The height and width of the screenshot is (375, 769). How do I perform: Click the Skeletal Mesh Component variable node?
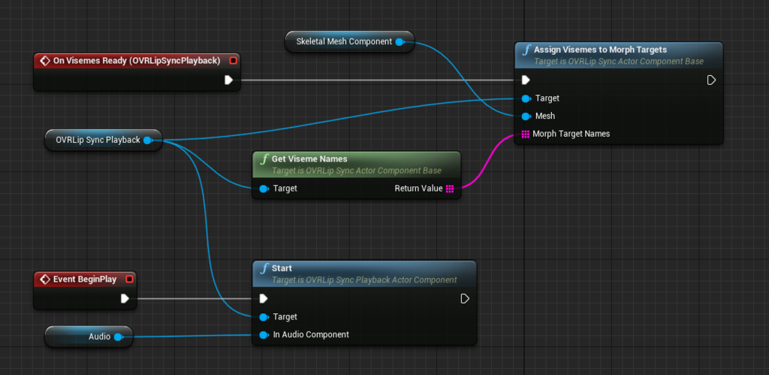tap(350, 42)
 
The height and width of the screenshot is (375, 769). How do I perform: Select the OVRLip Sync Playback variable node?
tap(103, 141)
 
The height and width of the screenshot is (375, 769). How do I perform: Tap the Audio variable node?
tap(89, 337)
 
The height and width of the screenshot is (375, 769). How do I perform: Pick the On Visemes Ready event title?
tap(137, 60)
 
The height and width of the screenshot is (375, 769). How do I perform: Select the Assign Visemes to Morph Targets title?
tap(600, 50)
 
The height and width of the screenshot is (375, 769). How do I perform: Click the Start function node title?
tap(282, 268)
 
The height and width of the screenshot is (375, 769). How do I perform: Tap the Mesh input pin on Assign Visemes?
tap(526, 116)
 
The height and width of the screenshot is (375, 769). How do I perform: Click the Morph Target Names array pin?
tap(525, 134)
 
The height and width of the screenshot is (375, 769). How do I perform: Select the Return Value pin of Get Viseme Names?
tap(450, 189)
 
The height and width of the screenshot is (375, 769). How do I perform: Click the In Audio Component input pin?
tap(264, 334)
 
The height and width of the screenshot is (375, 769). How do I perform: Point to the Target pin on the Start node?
tap(264, 317)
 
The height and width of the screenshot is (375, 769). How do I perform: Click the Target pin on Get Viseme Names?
tap(264, 189)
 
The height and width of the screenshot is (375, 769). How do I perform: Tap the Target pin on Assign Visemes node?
tap(526, 98)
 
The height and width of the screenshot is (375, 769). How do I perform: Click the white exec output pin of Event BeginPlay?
tap(125, 298)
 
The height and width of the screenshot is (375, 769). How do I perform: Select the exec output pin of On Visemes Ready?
tap(228, 80)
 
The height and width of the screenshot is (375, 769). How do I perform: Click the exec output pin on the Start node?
tap(465, 298)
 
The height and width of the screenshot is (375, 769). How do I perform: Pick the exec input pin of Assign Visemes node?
tap(526, 80)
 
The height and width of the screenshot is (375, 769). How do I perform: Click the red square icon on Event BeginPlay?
tap(129, 280)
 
